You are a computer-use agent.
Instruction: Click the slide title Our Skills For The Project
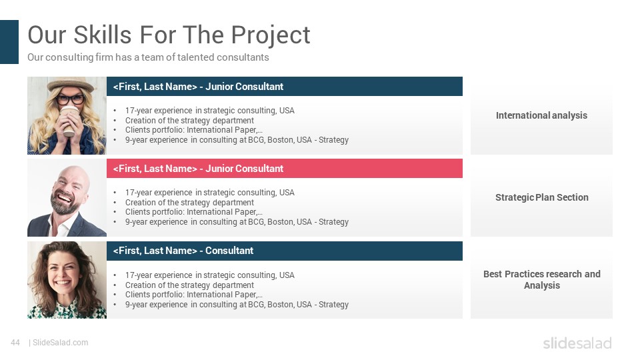[169, 35]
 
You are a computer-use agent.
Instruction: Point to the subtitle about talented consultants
[148, 57]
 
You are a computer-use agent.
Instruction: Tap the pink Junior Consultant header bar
[285, 168]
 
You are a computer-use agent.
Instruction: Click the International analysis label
[541, 115]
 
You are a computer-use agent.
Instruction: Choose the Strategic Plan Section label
[541, 197]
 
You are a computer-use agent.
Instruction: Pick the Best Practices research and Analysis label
[541, 279]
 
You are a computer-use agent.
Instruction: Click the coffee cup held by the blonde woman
[69, 121]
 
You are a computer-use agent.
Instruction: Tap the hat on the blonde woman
[70, 84]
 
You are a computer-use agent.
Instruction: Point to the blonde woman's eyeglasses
[70, 99]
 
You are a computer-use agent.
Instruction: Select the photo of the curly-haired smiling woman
[67, 280]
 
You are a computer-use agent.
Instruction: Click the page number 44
[15, 343]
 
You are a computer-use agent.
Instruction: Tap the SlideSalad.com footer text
[60, 343]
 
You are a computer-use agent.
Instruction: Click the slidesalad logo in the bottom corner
[577, 343]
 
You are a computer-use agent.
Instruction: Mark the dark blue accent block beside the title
[9, 42]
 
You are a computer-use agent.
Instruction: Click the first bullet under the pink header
[209, 192]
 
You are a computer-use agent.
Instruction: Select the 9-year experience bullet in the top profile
[237, 140]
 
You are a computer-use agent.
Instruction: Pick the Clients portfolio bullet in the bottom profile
[193, 295]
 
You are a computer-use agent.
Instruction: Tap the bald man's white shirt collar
[62, 225]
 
